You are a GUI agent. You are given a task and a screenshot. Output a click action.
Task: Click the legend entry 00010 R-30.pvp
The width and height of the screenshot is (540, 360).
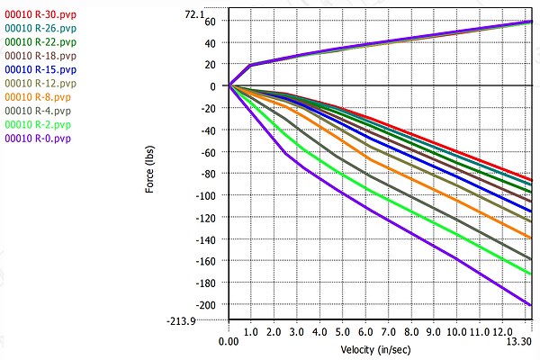(40, 14)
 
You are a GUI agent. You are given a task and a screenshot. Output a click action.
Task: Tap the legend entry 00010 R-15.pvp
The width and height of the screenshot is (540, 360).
(40, 69)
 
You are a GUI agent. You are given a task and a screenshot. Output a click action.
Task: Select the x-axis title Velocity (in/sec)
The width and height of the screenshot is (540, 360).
(376, 348)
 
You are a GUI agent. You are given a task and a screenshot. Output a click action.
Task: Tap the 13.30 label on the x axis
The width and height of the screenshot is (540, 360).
(517, 340)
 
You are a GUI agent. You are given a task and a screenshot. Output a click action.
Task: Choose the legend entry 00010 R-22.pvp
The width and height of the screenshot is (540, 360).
(40, 41)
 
